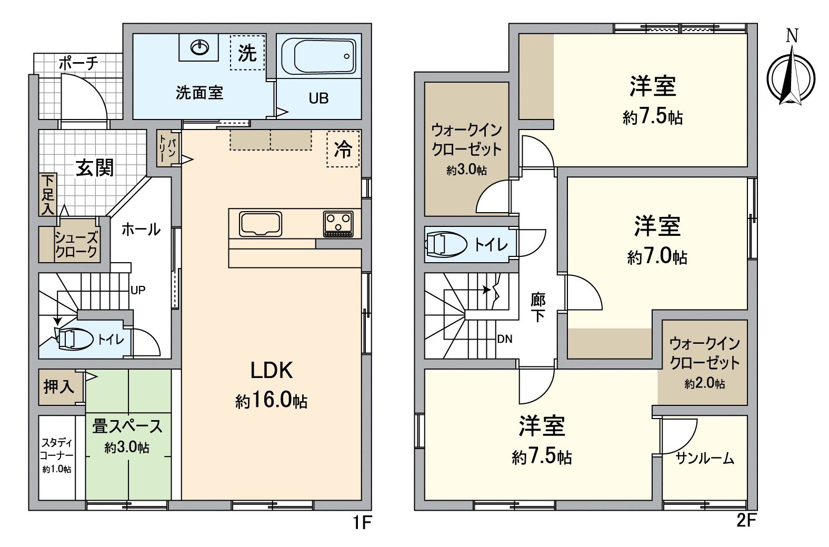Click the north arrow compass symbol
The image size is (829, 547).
point(791,76)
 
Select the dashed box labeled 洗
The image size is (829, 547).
point(247,53)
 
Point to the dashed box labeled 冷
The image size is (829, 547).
point(343,149)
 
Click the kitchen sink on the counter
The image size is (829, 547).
point(261,224)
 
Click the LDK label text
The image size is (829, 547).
point(271,371)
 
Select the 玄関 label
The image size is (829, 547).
point(95,168)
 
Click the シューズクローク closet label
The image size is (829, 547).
point(76,245)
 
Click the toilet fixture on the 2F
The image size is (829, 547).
point(446,245)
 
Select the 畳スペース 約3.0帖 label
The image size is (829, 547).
point(127,435)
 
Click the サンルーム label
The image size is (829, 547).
point(704,459)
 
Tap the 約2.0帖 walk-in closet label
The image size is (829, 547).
point(704,384)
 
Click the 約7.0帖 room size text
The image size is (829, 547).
point(657,257)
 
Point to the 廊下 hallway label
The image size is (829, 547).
point(537,308)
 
